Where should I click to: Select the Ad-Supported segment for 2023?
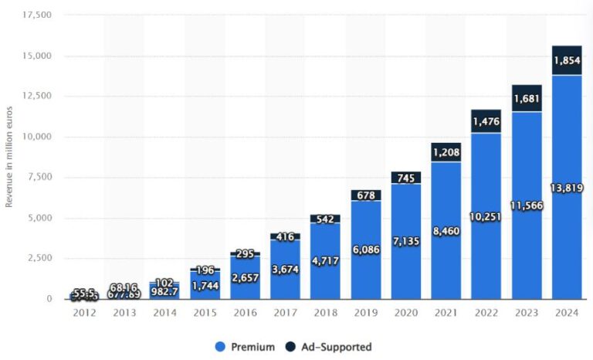click(527, 98)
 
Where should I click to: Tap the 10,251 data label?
click(486, 217)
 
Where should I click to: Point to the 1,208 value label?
click(446, 152)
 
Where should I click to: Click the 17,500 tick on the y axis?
click(38, 15)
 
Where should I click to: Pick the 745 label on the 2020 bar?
click(406, 178)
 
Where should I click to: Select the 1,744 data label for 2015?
click(205, 285)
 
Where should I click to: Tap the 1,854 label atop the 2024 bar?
click(567, 61)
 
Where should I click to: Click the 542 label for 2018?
click(326, 219)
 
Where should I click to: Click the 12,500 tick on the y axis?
click(38, 96)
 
